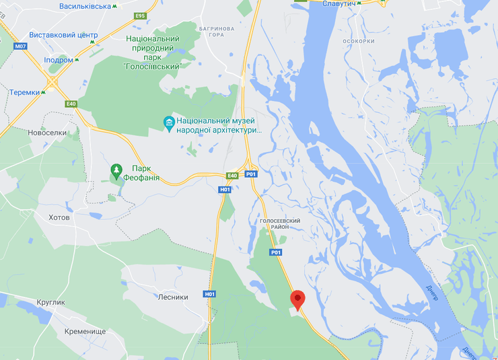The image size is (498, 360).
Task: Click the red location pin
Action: pyautogui.click(x=297, y=299)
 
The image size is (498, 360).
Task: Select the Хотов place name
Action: pyautogui.click(x=59, y=217)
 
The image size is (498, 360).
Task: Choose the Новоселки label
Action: pyautogui.click(x=47, y=133)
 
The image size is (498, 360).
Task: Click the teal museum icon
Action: pyautogui.click(x=169, y=122)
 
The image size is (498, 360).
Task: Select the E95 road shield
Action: pyautogui.click(x=140, y=15)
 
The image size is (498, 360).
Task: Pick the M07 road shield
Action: pyautogui.click(x=21, y=46)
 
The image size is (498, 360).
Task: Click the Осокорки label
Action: pyautogui.click(x=358, y=40)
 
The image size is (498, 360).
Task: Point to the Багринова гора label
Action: pyautogui.click(x=216, y=33)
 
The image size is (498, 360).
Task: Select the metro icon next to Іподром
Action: pyautogui.click(x=77, y=60)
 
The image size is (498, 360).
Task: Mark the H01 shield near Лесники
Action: pyautogui.click(x=210, y=294)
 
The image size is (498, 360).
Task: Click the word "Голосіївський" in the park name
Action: pyautogui.click(x=154, y=66)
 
